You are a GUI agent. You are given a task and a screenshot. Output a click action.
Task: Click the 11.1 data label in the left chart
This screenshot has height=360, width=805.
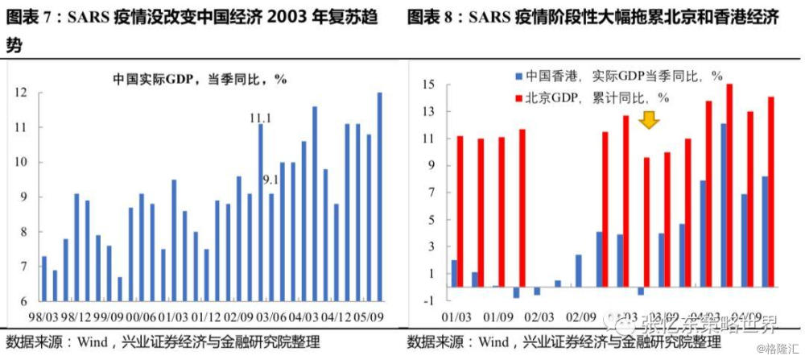[x=260, y=118]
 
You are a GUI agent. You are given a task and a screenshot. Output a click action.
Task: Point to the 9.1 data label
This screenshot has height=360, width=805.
[x=270, y=180]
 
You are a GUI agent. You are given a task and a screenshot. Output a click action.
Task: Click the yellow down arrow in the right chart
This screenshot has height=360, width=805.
[x=649, y=121]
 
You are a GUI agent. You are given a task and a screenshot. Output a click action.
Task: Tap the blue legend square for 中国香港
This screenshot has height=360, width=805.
[x=518, y=77]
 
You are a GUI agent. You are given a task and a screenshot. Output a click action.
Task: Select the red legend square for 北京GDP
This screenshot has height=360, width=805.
[x=518, y=97]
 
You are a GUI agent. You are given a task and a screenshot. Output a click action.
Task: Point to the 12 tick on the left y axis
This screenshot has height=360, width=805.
[x=22, y=93]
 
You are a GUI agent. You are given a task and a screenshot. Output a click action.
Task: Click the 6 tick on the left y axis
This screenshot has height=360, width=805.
[x=25, y=300]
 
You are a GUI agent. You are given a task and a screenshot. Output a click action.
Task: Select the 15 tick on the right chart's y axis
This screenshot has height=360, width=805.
[x=428, y=84]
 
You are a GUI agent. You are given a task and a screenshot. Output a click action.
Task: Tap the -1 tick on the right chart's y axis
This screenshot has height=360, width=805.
[x=428, y=300]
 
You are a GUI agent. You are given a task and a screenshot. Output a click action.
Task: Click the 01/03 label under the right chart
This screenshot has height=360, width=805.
[x=457, y=317]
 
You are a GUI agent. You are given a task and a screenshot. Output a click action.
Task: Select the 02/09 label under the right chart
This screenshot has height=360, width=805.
[x=582, y=317]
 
